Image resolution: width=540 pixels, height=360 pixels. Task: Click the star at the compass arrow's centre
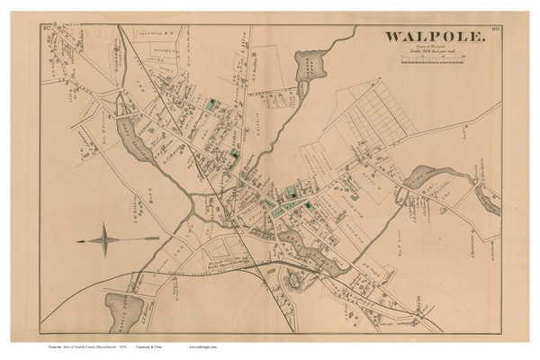pyautogui.click(x=109, y=239)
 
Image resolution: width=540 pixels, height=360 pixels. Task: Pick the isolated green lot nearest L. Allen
pyautogui.click(x=212, y=105)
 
